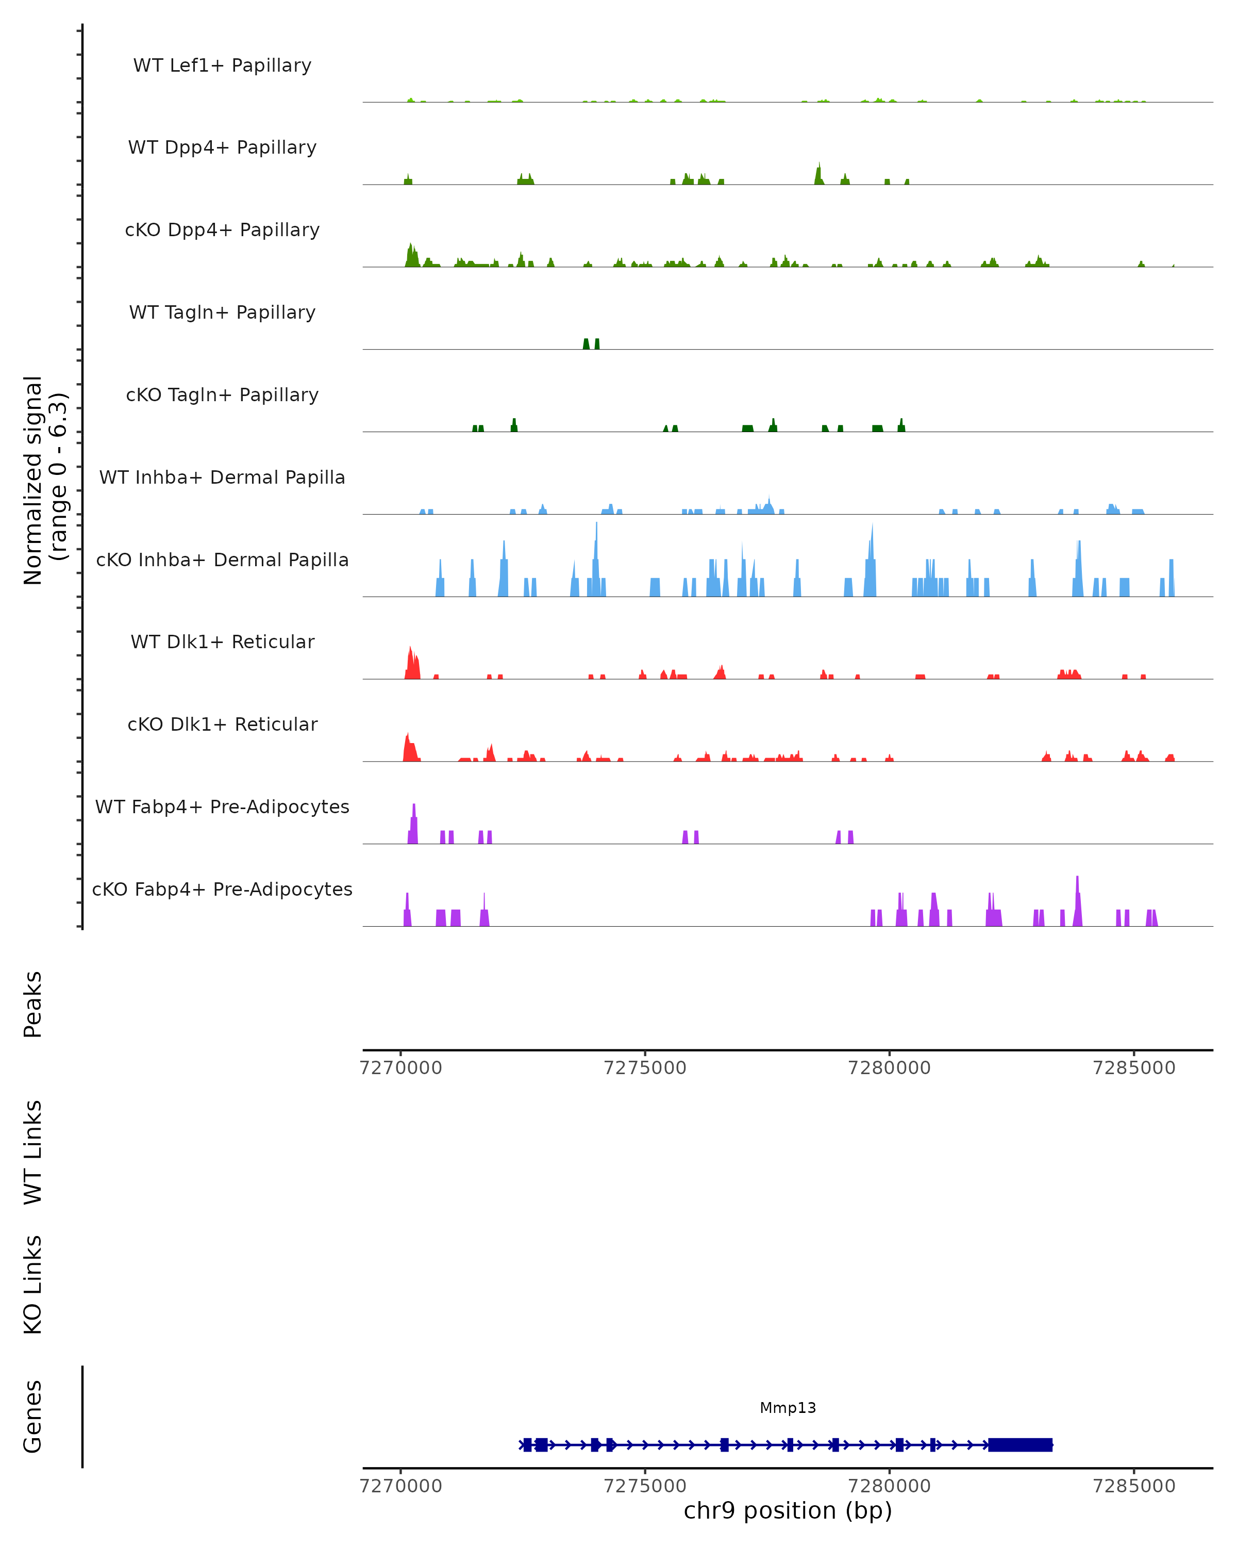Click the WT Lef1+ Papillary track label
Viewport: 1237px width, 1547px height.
point(222,65)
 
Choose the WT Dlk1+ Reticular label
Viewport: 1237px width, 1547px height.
point(222,641)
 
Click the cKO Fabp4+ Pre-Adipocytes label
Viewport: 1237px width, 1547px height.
point(222,889)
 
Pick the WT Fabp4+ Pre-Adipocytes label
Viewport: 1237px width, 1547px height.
point(222,807)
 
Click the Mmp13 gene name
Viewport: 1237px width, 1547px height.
point(788,1408)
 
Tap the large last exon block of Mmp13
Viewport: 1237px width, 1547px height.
point(1019,1444)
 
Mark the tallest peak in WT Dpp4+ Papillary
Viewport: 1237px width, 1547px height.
point(819,174)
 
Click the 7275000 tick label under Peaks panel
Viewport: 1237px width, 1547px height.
point(645,1068)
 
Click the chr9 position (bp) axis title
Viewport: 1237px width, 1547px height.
point(788,1510)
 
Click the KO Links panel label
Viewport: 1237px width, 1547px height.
point(33,1285)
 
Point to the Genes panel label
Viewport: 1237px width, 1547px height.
point(33,1416)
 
